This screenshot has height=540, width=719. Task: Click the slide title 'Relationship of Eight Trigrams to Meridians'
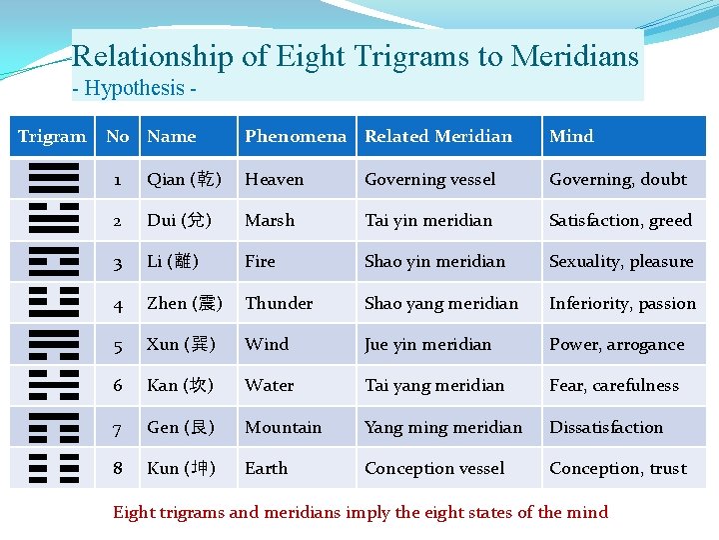pyautogui.click(x=356, y=56)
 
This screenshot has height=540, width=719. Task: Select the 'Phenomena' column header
pyautogui.click(x=296, y=136)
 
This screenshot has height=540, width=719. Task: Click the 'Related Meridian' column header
pyautogui.click(x=438, y=136)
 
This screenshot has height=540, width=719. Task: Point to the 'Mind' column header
pyautogui.click(x=571, y=136)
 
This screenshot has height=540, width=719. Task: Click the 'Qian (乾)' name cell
pyautogui.click(x=185, y=179)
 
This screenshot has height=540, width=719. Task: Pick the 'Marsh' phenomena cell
pyautogui.click(x=270, y=220)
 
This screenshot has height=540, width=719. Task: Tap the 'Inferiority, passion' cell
pyautogui.click(x=622, y=303)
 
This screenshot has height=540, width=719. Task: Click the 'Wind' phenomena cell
pyautogui.click(x=267, y=344)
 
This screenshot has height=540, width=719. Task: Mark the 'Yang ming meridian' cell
pyautogui.click(x=443, y=427)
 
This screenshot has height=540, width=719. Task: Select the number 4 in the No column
pyautogui.click(x=118, y=303)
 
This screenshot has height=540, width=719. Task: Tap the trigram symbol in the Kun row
pyautogui.click(x=54, y=467)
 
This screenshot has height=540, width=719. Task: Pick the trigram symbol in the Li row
pyautogui.click(x=54, y=261)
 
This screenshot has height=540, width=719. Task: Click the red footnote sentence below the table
pyautogui.click(x=359, y=512)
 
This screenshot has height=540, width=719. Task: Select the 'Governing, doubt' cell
pyautogui.click(x=617, y=179)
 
